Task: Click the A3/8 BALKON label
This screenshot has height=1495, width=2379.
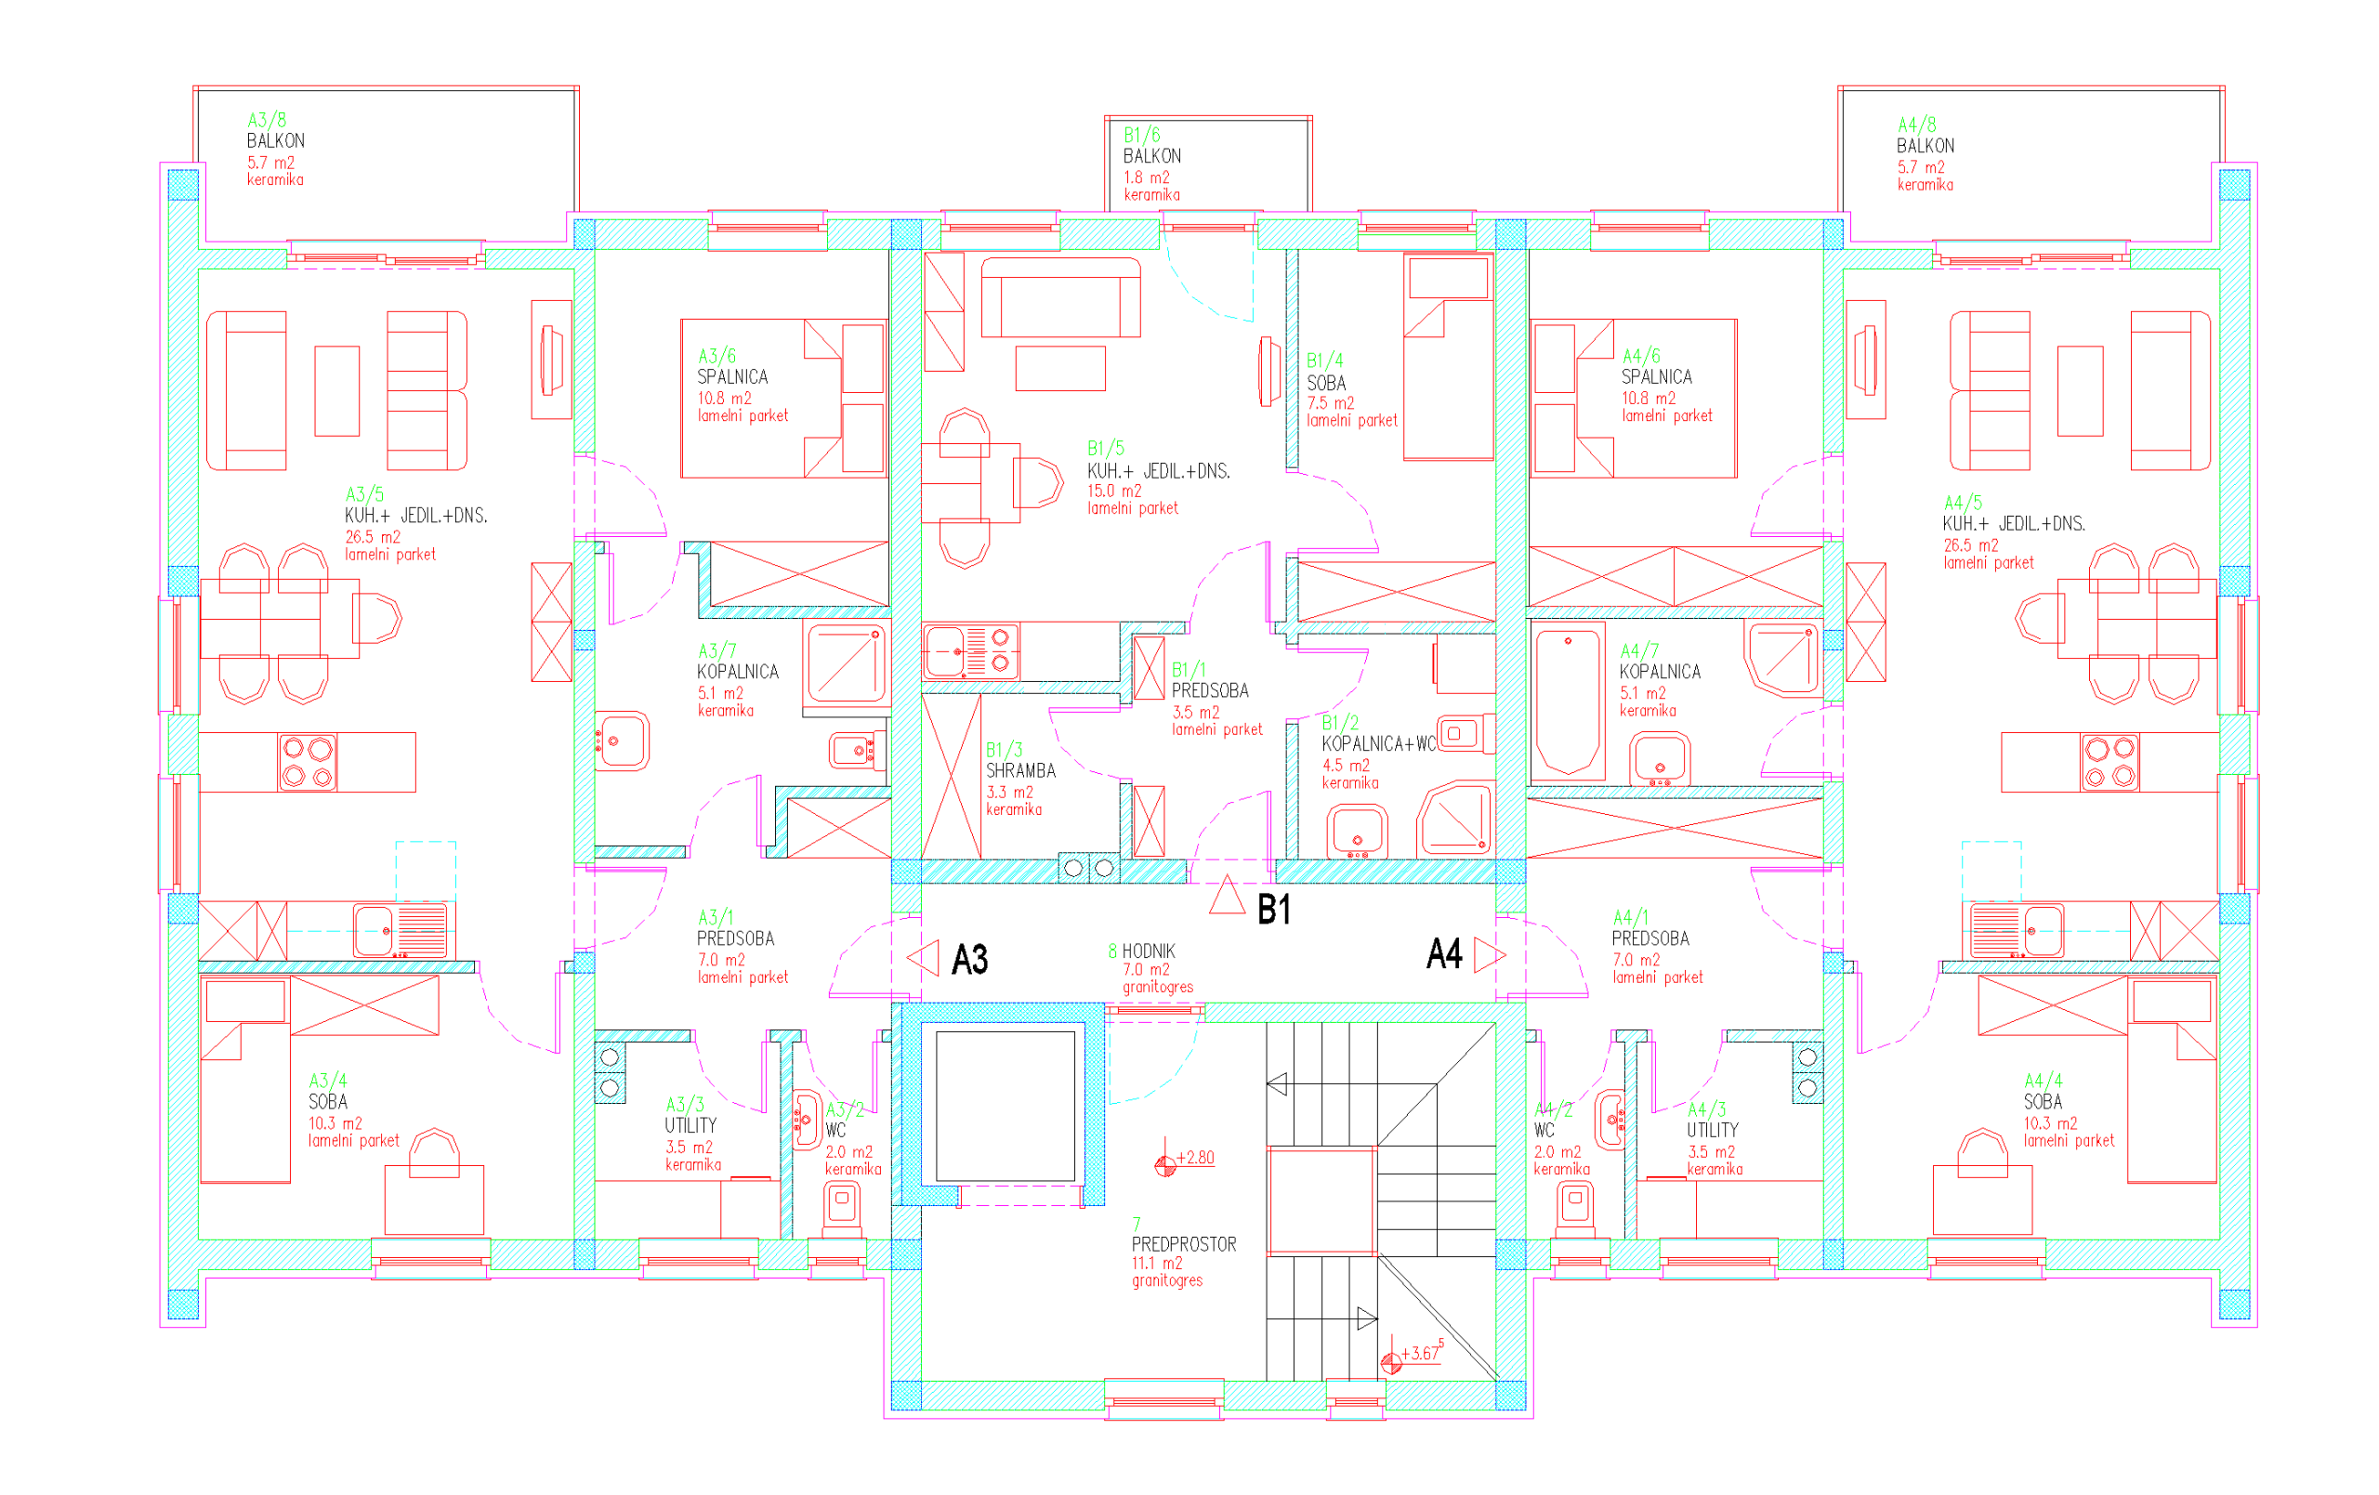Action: (x=276, y=130)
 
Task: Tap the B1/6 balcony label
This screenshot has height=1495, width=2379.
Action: (x=1152, y=145)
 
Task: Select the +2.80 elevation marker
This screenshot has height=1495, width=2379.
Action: (x=1185, y=1161)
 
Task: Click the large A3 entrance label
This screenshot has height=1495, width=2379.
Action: (x=969, y=960)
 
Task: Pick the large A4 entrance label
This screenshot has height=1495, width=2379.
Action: (x=1444, y=953)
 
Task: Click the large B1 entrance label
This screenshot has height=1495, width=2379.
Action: (x=1273, y=909)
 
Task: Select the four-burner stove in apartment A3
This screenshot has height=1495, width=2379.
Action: (x=308, y=762)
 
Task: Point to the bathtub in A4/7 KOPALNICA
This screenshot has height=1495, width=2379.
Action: (x=1568, y=702)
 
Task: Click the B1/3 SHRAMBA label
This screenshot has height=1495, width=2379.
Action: (x=1020, y=760)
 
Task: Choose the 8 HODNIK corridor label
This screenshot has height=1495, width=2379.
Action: (x=1142, y=951)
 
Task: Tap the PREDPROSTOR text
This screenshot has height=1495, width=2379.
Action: (x=1184, y=1244)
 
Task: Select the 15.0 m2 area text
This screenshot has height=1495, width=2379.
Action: (x=1114, y=492)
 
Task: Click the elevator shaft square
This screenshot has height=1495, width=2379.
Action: (x=1005, y=1107)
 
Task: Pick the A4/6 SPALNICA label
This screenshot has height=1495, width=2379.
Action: (x=1656, y=367)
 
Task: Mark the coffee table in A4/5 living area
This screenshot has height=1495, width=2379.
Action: (x=2080, y=391)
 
